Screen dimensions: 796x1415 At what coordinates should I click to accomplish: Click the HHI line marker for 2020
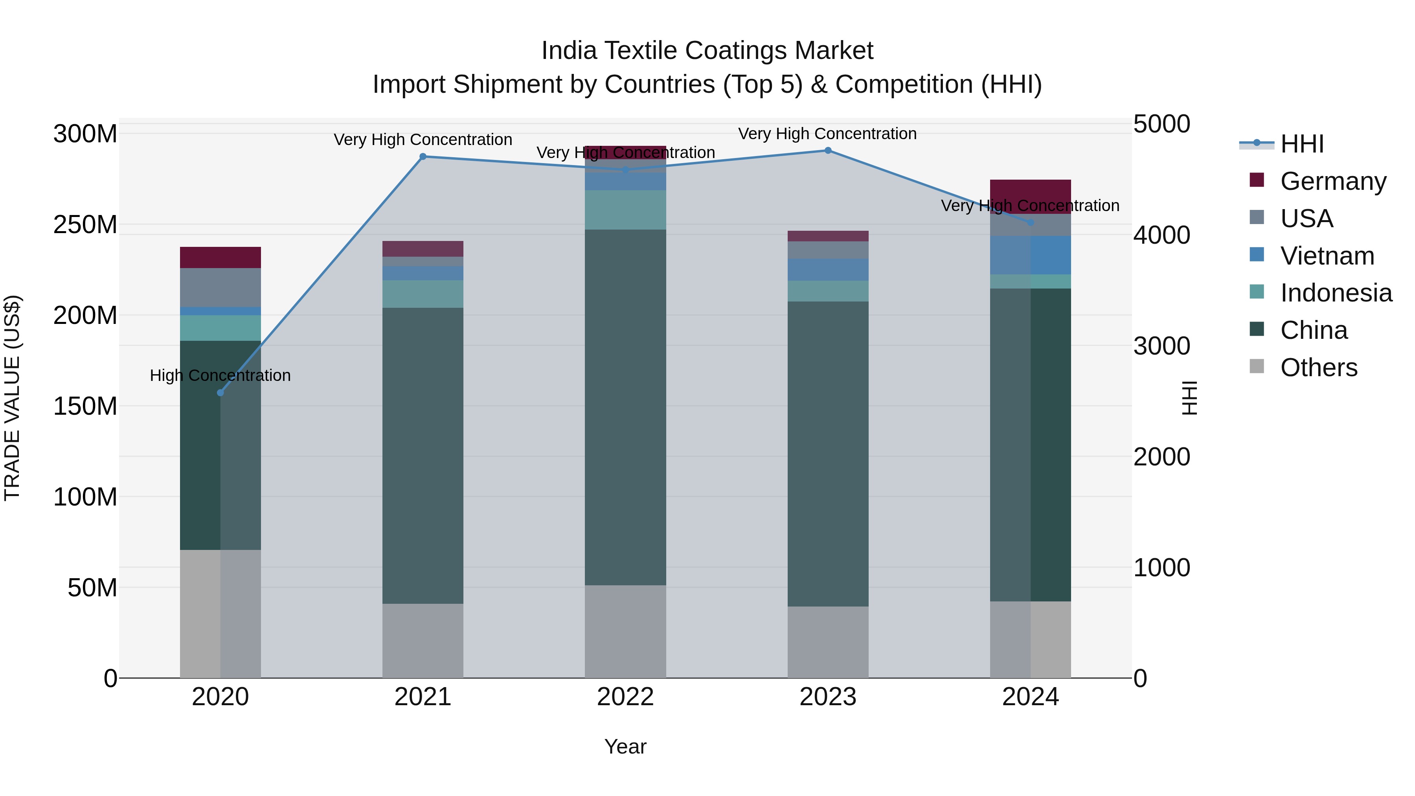220,393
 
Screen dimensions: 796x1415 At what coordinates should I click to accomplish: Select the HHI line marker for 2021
423,156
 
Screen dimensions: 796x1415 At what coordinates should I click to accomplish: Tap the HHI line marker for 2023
828,151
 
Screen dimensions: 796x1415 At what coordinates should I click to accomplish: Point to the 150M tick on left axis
85,406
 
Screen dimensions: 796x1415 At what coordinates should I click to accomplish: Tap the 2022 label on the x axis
625,697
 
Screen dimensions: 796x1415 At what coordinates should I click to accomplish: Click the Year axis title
625,746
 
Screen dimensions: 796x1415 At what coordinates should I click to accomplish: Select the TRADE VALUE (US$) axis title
12,398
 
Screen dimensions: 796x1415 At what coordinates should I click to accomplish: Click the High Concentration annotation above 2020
220,375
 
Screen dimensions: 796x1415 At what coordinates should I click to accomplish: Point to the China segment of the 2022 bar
625,406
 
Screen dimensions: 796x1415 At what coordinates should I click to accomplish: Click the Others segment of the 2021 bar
423,641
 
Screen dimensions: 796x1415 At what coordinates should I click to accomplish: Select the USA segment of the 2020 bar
220,287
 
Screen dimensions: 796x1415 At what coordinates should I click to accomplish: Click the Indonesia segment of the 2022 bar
625,210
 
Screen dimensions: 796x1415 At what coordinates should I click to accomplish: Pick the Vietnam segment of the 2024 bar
1031,255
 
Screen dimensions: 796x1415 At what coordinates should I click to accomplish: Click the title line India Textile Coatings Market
707,51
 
